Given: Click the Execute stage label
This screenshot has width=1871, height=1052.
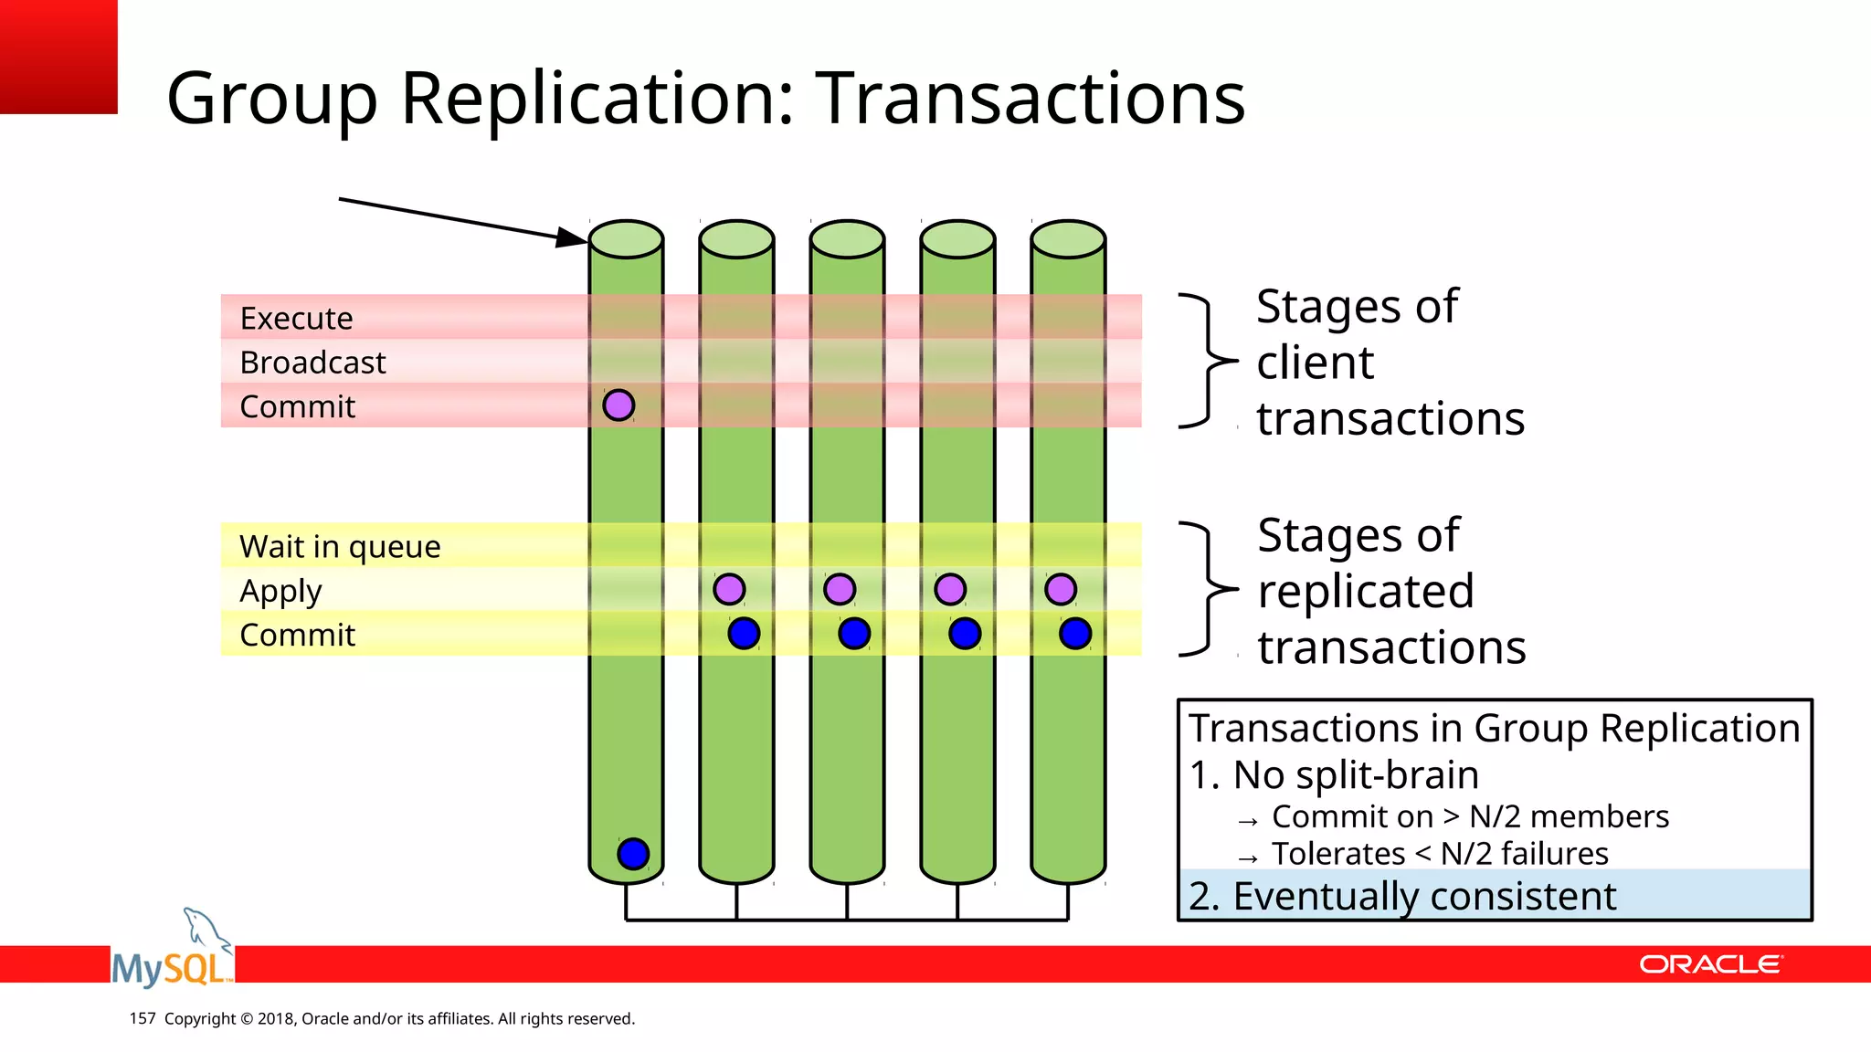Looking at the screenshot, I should [x=296, y=319].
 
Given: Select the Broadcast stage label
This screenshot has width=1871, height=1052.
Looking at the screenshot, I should [x=312, y=363].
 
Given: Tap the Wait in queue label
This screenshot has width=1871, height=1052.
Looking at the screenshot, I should [x=340, y=546].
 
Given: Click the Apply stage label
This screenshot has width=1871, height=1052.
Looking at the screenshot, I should [x=280, y=591].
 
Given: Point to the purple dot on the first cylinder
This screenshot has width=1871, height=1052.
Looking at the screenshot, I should [x=618, y=405].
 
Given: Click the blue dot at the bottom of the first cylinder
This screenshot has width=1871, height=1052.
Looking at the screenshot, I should [x=633, y=854].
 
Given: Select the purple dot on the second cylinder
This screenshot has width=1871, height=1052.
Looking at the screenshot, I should [x=729, y=589].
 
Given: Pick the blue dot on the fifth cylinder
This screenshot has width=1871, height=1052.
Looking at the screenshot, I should [x=1075, y=633].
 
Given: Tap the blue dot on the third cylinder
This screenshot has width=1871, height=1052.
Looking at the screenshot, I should [x=854, y=633].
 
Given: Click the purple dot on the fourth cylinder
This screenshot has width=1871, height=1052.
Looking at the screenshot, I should [x=950, y=589].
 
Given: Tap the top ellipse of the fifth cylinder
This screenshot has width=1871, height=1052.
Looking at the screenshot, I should [x=1068, y=239].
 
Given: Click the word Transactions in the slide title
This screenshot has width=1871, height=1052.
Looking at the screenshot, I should [x=1030, y=98].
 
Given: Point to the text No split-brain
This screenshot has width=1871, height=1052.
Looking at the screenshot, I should [x=1355, y=774].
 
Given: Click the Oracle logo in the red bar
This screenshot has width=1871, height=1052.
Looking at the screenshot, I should [x=1710, y=964].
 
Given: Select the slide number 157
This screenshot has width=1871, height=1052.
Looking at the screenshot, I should [x=143, y=1018].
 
